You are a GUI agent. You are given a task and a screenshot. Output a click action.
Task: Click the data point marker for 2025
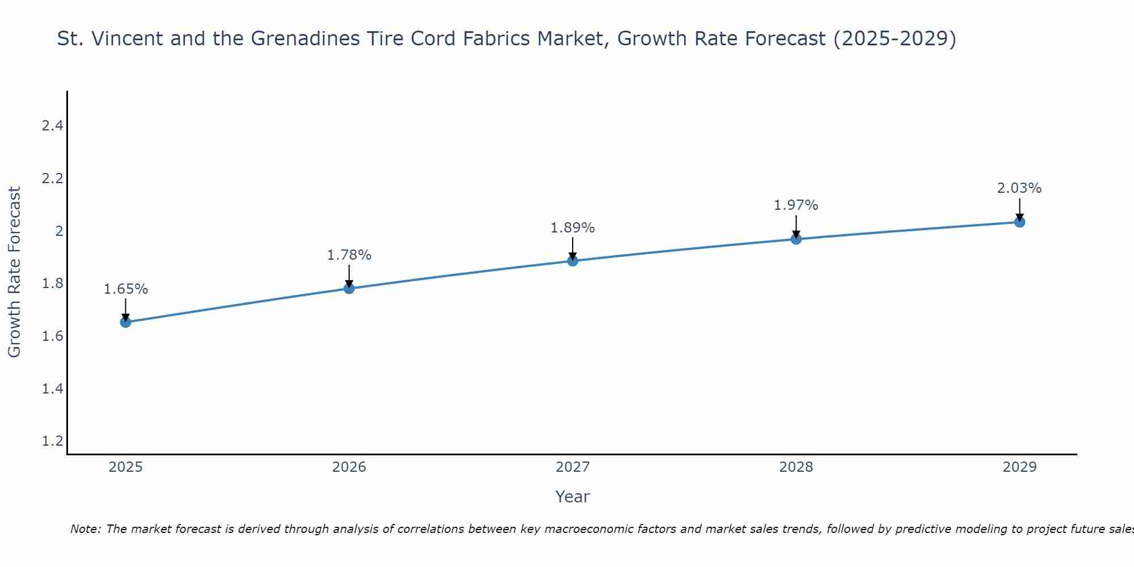[x=126, y=323]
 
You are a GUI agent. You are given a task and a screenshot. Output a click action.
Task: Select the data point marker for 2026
[x=349, y=289]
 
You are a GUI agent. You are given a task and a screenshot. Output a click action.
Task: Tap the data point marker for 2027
[x=573, y=261]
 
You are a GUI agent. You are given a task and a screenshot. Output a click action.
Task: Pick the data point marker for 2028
[x=796, y=239]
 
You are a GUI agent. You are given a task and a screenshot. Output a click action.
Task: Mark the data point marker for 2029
[x=1019, y=222]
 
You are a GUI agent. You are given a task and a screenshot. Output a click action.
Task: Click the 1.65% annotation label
[x=126, y=289]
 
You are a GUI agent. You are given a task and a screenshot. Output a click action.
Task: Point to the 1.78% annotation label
[x=349, y=255]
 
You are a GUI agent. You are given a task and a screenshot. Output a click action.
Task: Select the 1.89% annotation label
[x=573, y=228]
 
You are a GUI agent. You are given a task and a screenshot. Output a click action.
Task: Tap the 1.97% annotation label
[x=796, y=205]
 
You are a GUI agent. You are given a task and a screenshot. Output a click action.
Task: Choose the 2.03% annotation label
[x=1019, y=188]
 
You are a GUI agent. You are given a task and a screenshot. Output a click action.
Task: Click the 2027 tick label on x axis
[x=573, y=467]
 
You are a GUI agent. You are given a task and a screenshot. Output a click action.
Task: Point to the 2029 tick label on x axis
[x=1019, y=467]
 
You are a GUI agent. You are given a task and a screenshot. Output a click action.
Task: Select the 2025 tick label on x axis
[x=126, y=467]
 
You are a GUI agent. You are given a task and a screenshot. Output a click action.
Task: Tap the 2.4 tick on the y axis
[x=52, y=126]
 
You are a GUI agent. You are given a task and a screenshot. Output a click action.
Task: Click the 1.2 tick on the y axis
[x=52, y=441]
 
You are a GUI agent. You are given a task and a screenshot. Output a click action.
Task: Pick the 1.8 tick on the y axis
[x=52, y=283]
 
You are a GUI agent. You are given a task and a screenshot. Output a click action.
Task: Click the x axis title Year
[x=573, y=497]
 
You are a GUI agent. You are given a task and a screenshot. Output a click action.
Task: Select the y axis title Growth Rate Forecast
[x=15, y=272]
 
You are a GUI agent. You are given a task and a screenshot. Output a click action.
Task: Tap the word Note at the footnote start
[x=85, y=529]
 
